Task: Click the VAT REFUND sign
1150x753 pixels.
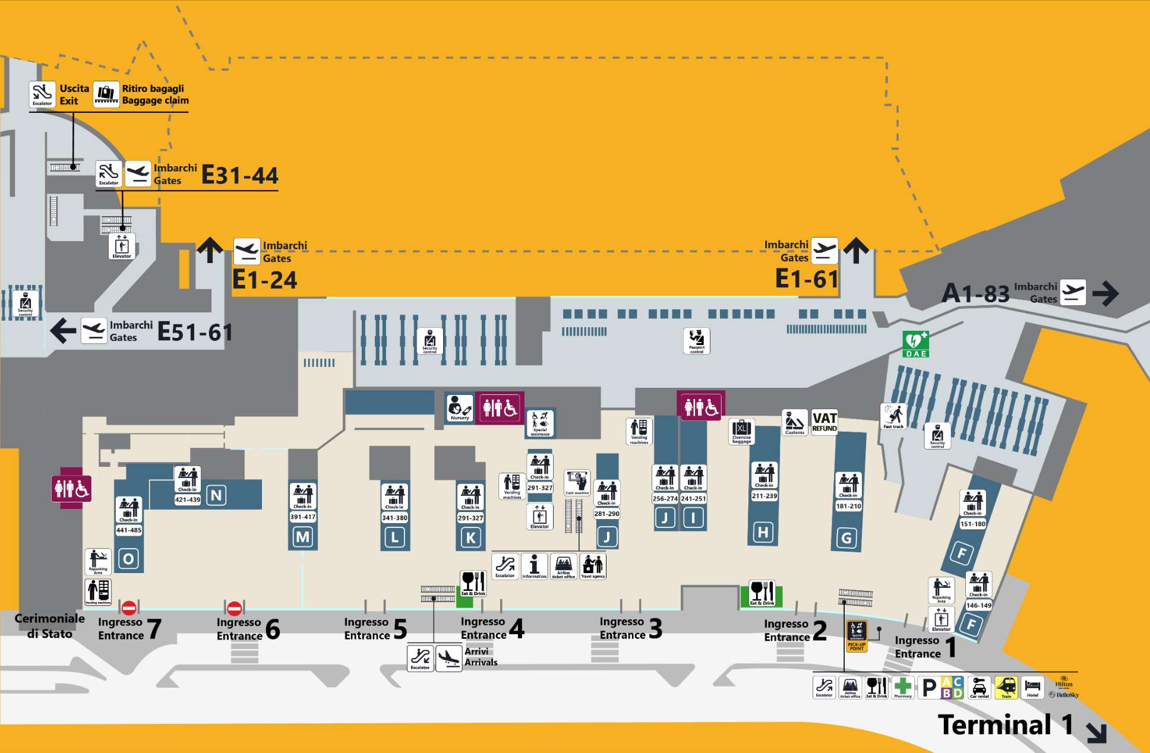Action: pos(824,422)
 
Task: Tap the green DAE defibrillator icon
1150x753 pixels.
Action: pos(915,344)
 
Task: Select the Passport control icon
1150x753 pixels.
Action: pos(696,341)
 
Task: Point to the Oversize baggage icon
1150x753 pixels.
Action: pos(741,431)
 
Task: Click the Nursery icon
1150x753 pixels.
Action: pos(460,408)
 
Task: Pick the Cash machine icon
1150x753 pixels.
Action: pos(577,482)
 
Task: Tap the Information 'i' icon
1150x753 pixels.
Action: pos(534,566)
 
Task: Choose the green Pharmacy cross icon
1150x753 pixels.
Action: pos(903,688)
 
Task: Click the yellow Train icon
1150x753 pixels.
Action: pos(1006,688)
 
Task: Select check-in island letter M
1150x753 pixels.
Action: pos(302,537)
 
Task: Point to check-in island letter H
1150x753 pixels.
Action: pos(763,532)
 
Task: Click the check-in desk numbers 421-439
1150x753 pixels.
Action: pos(187,499)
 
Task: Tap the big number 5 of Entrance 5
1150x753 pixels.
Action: pos(400,629)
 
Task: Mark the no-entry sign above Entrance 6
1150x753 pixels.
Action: pos(235,608)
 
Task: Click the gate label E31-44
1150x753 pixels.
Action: pos(240,176)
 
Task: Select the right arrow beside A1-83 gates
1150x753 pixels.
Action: pos(1105,293)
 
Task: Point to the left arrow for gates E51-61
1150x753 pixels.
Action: pos(63,331)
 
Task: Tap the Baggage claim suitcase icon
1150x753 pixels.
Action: pos(106,94)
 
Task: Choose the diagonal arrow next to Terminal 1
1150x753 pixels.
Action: pos(1097,732)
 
